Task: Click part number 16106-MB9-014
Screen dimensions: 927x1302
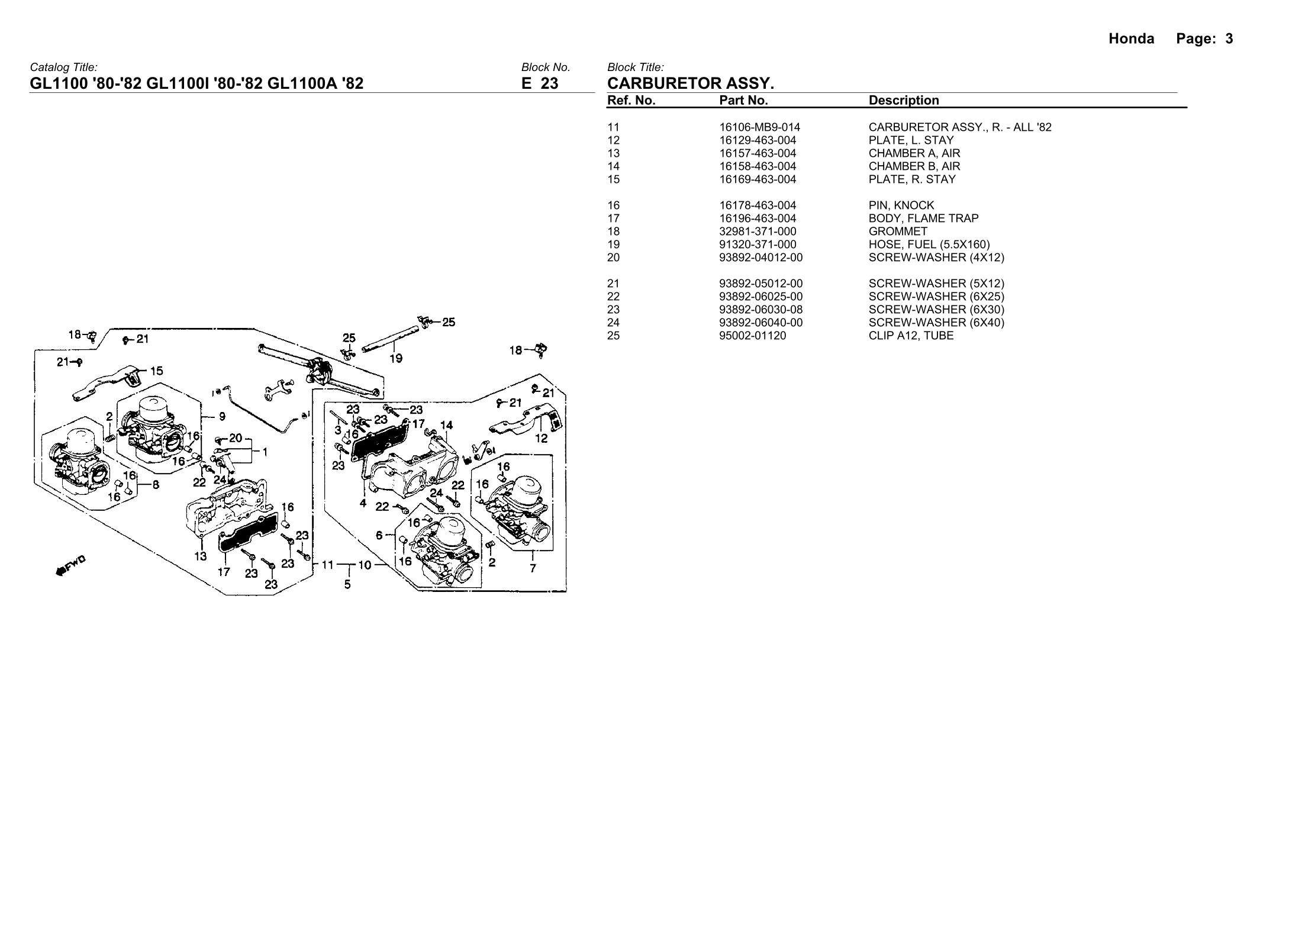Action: coord(759,127)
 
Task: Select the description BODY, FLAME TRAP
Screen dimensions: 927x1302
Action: coord(923,218)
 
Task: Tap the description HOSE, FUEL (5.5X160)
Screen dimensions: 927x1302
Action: coord(929,244)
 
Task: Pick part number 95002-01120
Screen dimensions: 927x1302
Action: coord(753,336)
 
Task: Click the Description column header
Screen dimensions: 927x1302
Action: coord(903,101)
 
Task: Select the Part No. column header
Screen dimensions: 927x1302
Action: coord(743,101)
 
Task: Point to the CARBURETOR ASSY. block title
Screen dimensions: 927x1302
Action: coord(691,83)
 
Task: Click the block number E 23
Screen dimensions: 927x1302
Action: coord(539,83)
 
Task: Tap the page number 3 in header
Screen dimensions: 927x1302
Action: coord(1229,39)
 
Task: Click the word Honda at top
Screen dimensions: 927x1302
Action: coord(1131,39)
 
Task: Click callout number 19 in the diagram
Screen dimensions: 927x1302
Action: coord(396,358)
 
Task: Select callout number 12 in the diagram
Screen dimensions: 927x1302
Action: coord(541,439)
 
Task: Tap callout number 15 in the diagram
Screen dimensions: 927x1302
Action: coord(156,371)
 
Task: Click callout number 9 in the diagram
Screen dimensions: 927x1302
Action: coord(222,417)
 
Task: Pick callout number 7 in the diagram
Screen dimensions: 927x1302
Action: coord(533,568)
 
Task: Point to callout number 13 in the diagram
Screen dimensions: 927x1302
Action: coord(201,556)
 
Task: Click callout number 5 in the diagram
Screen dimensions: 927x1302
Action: coord(347,584)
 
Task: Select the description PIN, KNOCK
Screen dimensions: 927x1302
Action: coord(901,205)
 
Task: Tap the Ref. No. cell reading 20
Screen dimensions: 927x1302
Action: coord(613,257)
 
